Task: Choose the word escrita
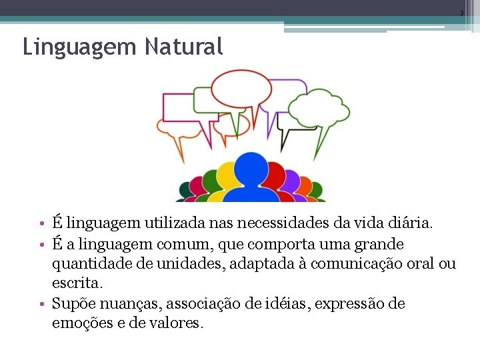coord(77,283)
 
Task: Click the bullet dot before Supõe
coord(41,304)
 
